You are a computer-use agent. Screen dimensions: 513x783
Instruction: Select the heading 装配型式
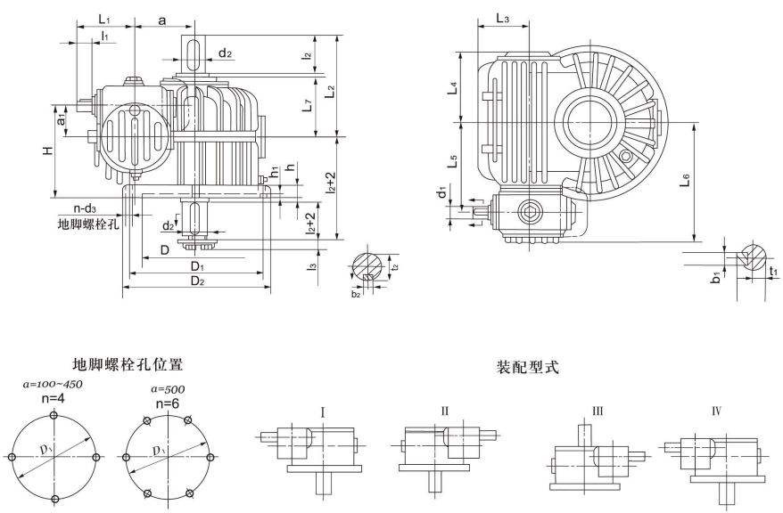[x=528, y=366]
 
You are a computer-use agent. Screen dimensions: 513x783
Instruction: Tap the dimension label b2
[x=356, y=292]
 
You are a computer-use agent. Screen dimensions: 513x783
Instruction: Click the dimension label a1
[x=62, y=116]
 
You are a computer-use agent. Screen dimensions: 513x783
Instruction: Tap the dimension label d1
[x=441, y=193]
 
